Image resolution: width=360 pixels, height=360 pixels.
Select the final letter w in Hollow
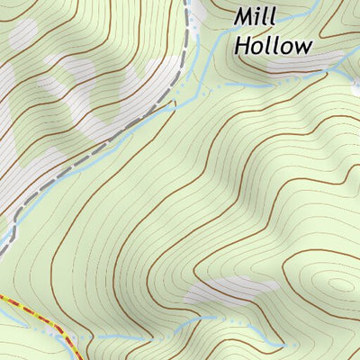point(303,47)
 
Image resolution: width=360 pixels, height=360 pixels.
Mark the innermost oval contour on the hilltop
point(339,284)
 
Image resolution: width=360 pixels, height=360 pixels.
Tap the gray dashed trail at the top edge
point(187,3)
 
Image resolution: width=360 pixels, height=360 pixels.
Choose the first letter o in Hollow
point(257,47)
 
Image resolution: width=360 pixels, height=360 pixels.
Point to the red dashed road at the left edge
point(3,296)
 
